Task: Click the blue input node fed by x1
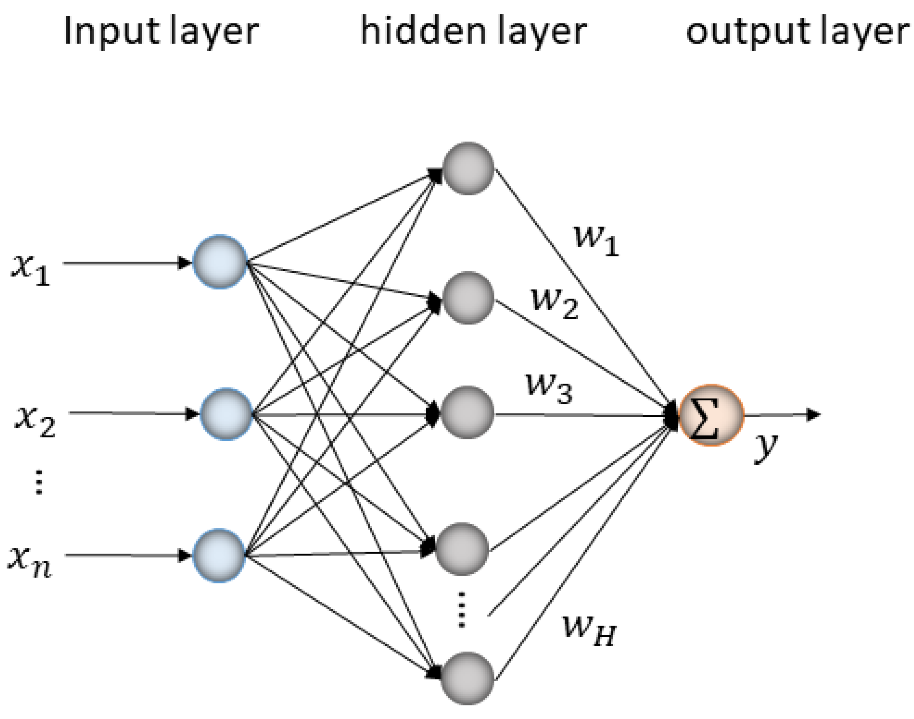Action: (x=219, y=262)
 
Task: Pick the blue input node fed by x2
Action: (x=226, y=414)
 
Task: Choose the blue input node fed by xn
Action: (x=218, y=555)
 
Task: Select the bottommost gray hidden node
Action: (x=467, y=678)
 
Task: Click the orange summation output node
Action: (x=711, y=415)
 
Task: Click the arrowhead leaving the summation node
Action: (x=812, y=415)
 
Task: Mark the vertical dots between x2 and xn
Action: (x=39, y=482)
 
